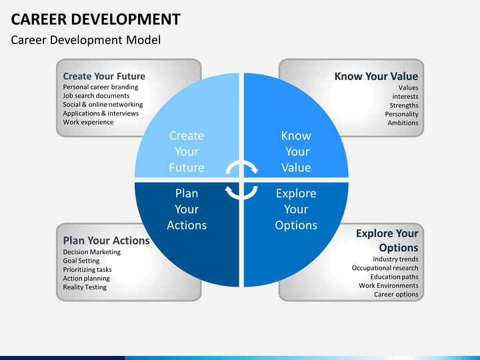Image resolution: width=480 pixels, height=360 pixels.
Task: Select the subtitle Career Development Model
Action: [x=86, y=40]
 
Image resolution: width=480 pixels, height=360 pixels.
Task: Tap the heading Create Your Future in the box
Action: [x=104, y=76]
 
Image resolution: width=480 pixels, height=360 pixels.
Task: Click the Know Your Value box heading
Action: [x=376, y=76]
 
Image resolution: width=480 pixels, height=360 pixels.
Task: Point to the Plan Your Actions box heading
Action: [x=106, y=240]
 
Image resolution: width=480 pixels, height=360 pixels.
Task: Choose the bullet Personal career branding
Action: [x=101, y=87]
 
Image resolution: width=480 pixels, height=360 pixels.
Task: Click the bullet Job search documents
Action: [x=96, y=96]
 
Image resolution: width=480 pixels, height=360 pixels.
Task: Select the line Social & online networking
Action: [x=103, y=105]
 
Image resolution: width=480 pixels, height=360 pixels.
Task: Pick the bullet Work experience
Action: [x=88, y=122]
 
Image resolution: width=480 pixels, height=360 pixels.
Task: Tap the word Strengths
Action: [x=404, y=105]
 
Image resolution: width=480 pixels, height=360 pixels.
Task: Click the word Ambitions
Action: [x=403, y=123]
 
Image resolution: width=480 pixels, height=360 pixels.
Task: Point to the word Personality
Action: [x=401, y=114]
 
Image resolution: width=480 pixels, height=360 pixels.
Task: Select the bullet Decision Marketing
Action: [x=92, y=252]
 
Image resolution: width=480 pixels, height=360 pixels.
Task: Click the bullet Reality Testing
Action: [x=85, y=287]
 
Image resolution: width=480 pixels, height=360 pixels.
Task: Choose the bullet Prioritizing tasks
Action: [x=87, y=270]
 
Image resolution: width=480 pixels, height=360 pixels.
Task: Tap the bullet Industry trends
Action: [x=395, y=259]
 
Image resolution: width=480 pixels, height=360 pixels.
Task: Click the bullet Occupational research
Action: [x=385, y=268]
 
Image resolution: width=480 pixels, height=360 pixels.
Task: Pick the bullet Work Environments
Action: [x=388, y=285]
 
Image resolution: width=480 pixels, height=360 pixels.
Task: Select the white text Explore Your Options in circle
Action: [x=296, y=209]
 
